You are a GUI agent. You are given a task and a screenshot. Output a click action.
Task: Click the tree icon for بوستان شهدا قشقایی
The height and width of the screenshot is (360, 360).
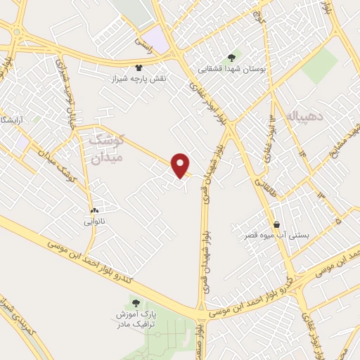[231, 58]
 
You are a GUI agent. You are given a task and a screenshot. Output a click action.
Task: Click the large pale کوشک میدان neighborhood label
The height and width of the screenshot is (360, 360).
[107, 149]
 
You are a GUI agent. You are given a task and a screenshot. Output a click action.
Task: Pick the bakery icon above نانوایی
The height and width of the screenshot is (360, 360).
[94, 210]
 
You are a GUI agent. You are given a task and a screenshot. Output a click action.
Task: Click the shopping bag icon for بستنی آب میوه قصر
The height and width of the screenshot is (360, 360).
[277, 224]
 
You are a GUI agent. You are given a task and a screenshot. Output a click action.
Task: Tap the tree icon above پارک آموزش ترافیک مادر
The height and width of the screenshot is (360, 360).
[135, 303]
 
